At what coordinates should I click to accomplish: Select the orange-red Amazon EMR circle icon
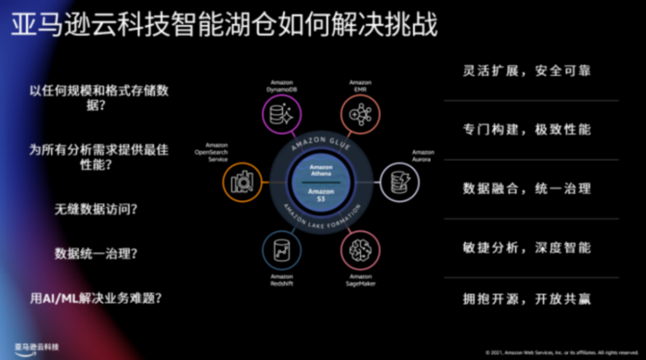360,115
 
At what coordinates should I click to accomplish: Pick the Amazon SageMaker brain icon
360,249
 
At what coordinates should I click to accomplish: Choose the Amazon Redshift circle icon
282,249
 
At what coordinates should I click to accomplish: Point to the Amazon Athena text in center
321,170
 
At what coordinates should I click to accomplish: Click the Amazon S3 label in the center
321,194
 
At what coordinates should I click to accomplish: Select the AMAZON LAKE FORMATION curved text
322,221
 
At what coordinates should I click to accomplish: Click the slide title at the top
224,25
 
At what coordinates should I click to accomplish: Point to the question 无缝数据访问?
96,209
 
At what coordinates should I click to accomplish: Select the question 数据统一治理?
96,254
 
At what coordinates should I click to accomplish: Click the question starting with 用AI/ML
96,298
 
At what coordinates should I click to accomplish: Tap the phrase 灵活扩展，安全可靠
526,71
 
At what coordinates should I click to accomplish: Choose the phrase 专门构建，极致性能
526,129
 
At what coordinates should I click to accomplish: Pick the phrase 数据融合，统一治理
526,188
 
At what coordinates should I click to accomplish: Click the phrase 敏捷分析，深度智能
526,247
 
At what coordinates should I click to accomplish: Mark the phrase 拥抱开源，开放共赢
526,299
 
